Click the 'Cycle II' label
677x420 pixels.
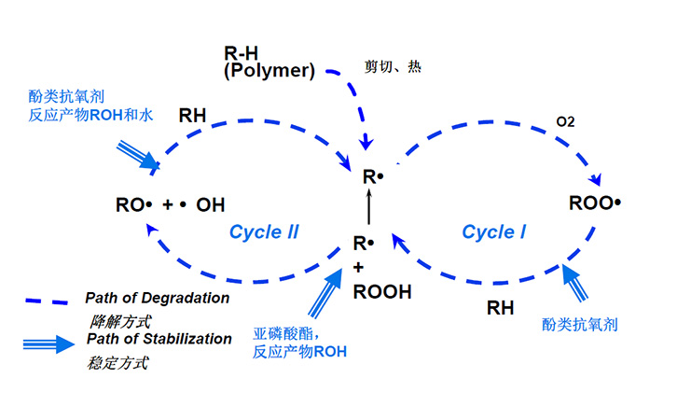click(264, 232)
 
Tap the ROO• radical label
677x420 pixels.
click(595, 203)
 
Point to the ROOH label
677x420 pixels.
click(382, 292)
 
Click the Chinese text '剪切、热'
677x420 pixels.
click(393, 67)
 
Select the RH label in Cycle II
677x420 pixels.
click(193, 116)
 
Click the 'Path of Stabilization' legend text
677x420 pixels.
click(159, 339)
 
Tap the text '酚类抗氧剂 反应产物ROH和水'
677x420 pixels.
click(85, 105)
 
